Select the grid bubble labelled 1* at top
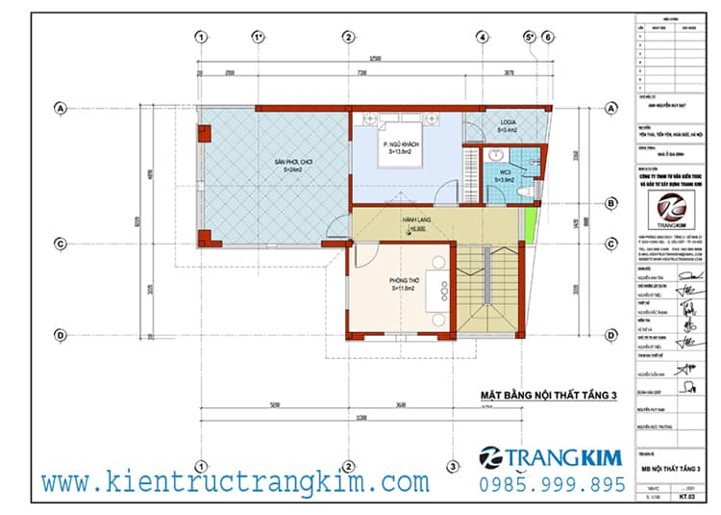[x=258, y=38]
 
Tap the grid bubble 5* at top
[x=529, y=38]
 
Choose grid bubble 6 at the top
[x=547, y=38]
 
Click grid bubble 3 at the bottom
[x=453, y=469]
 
